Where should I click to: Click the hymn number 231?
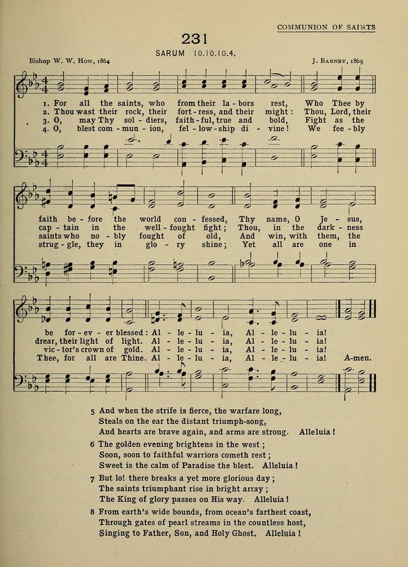tap(195, 39)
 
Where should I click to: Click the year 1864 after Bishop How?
tap(99, 62)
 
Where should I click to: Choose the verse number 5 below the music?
tap(93, 410)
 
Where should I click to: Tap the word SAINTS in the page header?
tap(359, 27)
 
